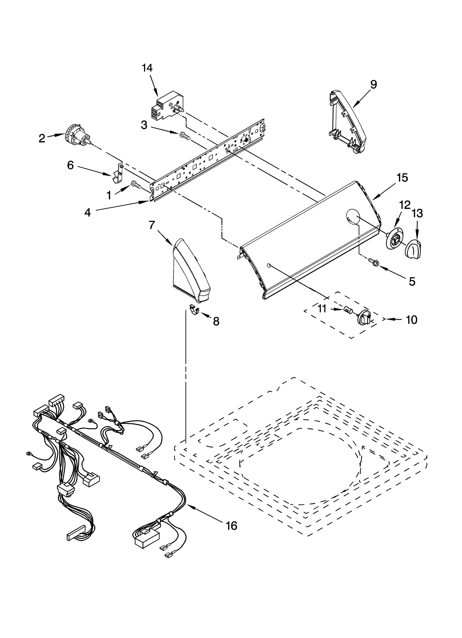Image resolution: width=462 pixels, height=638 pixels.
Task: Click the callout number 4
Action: tap(87, 213)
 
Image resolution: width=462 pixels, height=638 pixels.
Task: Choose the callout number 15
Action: tap(402, 178)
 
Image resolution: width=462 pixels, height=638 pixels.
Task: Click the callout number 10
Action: tap(411, 320)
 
